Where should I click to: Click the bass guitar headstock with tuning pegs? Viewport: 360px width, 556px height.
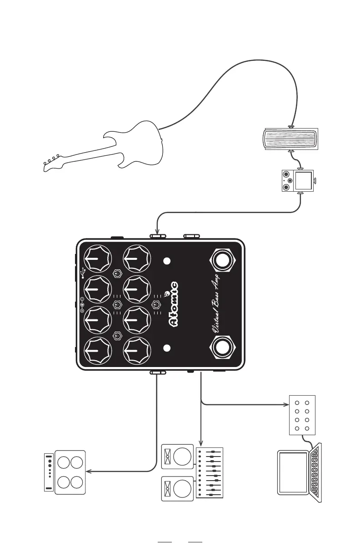pyautogui.click(x=51, y=164)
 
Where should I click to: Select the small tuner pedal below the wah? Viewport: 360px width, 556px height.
pyautogui.click(x=298, y=181)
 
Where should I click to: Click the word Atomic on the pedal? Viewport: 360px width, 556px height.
pyautogui.click(x=174, y=304)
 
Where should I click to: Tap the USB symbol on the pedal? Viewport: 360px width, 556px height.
pyautogui.click(x=83, y=272)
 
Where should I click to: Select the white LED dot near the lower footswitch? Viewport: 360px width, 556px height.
pyautogui.click(x=167, y=348)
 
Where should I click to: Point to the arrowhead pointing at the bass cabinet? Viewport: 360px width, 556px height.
pyautogui.click(x=89, y=472)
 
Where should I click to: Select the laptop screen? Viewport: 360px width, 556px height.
pyautogui.click(x=294, y=472)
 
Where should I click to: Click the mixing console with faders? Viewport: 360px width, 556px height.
pyautogui.click(x=210, y=473)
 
